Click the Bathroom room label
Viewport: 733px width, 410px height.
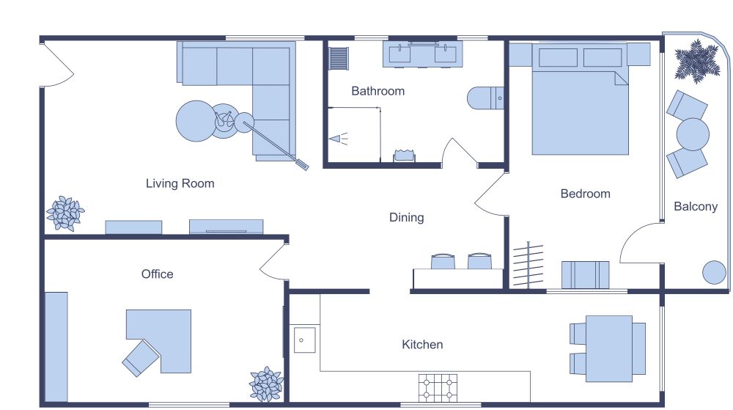[x=377, y=92]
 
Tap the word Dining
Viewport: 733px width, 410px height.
[x=406, y=218]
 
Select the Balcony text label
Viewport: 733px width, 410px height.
[x=696, y=207]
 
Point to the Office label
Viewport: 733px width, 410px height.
[x=158, y=274]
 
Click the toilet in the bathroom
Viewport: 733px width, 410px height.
[x=485, y=98]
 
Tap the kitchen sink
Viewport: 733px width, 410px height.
[x=304, y=340]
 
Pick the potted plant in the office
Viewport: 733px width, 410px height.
[x=265, y=384]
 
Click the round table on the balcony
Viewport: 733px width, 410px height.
[x=693, y=135]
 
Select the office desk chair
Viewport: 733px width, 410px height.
[x=141, y=358]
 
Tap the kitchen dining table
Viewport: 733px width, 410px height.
[x=608, y=348]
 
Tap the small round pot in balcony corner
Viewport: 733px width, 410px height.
[x=714, y=273]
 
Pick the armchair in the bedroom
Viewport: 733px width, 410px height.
[x=585, y=275]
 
